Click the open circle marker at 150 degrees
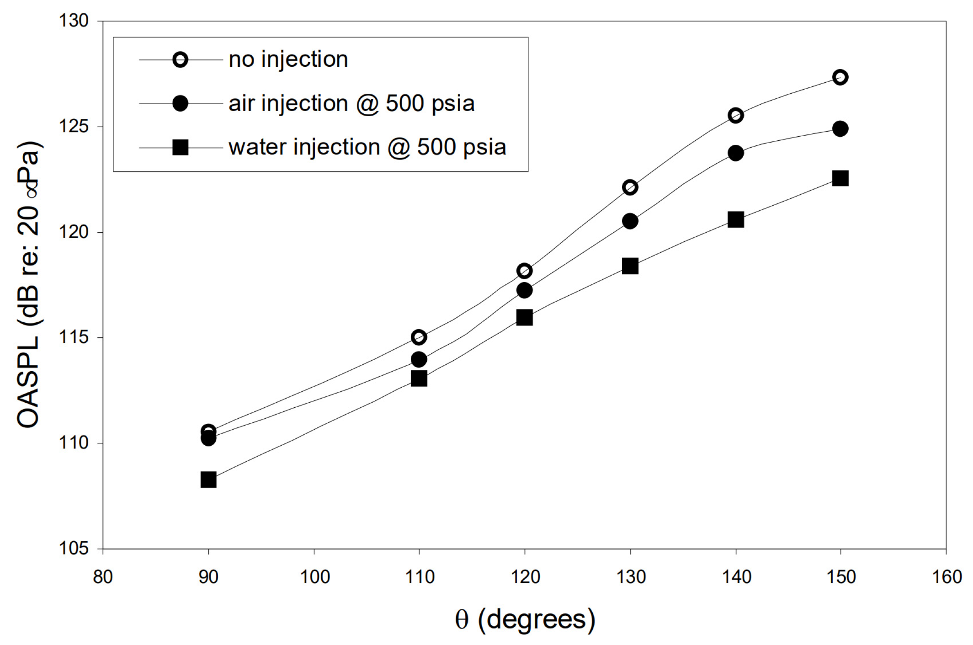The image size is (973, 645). [x=840, y=77]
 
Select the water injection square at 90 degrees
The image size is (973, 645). [x=208, y=480]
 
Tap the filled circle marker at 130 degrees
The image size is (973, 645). [x=630, y=221]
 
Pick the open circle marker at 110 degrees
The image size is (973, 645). [x=419, y=337]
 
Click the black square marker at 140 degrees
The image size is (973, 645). [x=736, y=220]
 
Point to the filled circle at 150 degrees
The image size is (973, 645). [x=840, y=129]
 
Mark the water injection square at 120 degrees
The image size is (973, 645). [x=525, y=317]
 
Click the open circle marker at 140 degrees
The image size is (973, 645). [x=736, y=115]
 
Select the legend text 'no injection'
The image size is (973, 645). [x=288, y=60]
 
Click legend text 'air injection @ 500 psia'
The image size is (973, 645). [x=351, y=104]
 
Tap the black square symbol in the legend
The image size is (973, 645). [x=181, y=148]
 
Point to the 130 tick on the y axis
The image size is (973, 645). [x=73, y=21]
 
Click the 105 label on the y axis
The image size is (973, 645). [x=73, y=548]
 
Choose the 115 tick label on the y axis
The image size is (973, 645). [x=73, y=337]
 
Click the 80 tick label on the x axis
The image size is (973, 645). [x=103, y=577]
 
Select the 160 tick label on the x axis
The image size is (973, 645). [x=946, y=577]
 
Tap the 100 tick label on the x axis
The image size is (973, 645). [x=314, y=577]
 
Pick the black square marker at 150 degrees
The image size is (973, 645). [x=840, y=178]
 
